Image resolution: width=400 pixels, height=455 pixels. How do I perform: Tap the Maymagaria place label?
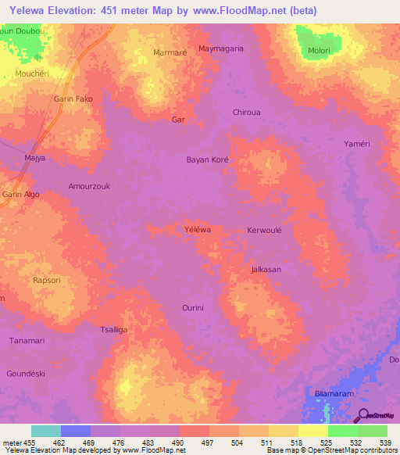coord(221,48)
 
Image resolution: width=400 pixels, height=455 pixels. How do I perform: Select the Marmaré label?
coord(170,53)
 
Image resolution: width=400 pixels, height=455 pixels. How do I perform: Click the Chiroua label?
coord(247,113)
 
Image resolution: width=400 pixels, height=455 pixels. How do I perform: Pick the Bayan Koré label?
coord(207,159)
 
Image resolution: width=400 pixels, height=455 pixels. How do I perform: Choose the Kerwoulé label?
coord(264,231)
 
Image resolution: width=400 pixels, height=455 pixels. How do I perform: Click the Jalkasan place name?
coord(266,270)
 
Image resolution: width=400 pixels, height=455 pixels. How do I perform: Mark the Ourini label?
coord(192,308)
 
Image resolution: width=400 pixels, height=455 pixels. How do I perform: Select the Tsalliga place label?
coord(113,330)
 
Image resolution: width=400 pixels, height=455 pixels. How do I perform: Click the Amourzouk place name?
coord(90,186)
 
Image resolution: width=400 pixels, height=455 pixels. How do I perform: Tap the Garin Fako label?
coord(73,99)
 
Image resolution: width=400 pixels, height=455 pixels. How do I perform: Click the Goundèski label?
coord(27,374)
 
